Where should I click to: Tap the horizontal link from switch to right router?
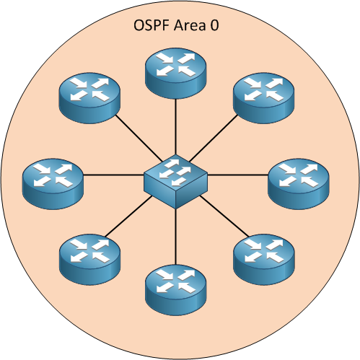pyautogui.click(x=238, y=175)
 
